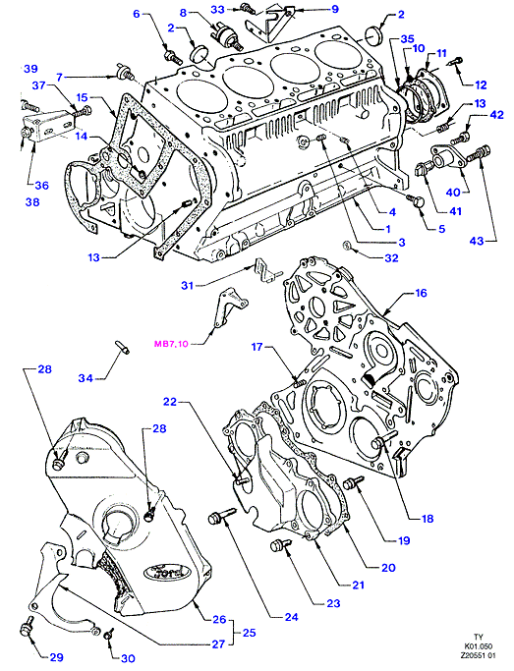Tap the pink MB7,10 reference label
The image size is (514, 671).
171,343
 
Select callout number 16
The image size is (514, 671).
422,293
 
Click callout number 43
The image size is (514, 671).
477,241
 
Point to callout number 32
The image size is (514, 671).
391,258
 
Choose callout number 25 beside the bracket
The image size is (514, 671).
249,632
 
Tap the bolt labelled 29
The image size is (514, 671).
28,629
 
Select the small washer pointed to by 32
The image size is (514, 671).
347,246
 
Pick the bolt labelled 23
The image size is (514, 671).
280,545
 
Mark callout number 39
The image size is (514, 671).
30,69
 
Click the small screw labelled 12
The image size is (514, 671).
454,62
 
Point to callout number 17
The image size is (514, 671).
257,346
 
